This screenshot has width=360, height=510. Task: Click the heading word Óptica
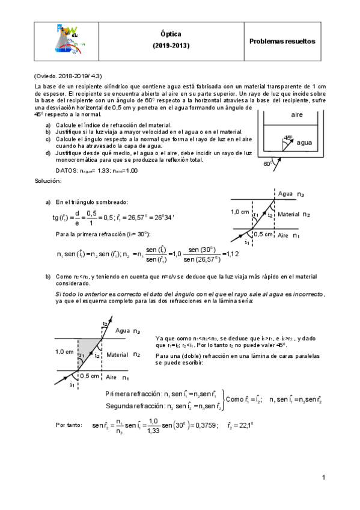click(171, 35)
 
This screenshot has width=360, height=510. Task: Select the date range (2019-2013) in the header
click(171, 46)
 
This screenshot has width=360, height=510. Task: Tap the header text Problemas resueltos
click(282, 41)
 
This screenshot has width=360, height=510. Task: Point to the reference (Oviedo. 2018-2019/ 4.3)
click(68, 76)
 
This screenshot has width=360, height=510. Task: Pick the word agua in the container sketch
click(304, 143)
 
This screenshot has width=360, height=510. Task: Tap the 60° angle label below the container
click(267, 163)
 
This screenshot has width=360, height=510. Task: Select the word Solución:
click(47, 180)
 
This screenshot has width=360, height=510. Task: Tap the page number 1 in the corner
click(323, 478)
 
